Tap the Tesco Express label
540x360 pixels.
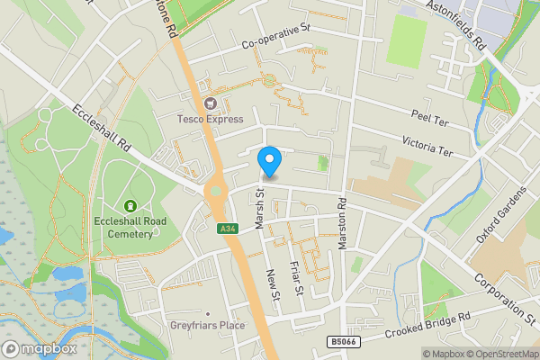pos(211,119)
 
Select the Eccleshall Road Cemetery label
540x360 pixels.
pos(130,227)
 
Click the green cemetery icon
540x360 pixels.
pos(130,206)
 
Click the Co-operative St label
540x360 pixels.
pos(275,37)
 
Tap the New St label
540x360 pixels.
pos(273,289)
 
